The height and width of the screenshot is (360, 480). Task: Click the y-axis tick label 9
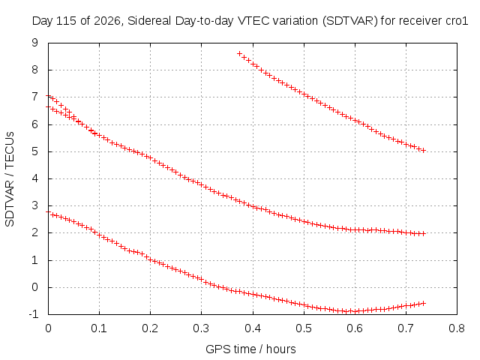pyautogui.click(x=35, y=43)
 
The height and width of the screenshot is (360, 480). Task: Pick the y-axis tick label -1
pyautogui.click(x=33, y=314)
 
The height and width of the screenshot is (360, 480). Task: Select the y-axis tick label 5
pyautogui.click(x=35, y=151)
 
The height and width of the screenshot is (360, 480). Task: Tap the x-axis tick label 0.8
pyautogui.click(x=457, y=328)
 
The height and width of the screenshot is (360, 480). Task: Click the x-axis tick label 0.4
pyautogui.click(x=253, y=328)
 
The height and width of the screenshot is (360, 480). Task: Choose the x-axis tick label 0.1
pyautogui.click(x=99, y=328)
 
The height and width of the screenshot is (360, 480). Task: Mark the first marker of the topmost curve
pyautogui.click(x=240, y=53)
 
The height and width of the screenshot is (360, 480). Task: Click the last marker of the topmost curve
pyautogui.click(x=424, y=150)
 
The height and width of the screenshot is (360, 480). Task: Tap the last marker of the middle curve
pyautogui.click(x=424, y=233)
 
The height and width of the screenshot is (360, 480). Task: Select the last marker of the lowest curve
pyautogui.click(x=424, y=303)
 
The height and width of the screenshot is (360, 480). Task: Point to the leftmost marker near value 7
pyautogui.click(x=48, y=96)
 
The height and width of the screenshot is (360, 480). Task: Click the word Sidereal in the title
pyautogui.click(x=150, y=21)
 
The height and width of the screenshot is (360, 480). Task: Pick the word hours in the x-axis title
pyautogui.click(x=281, y=349)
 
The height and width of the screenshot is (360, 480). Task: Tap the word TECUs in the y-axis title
pyautogui.click(x=10, y=150)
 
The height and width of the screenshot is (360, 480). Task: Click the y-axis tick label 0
pyautogui.click(x=35, y=287)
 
